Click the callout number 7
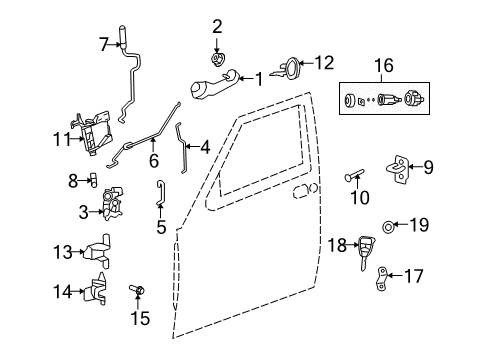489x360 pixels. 103,43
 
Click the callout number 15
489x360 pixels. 141,318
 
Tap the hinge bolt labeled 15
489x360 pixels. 138,292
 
